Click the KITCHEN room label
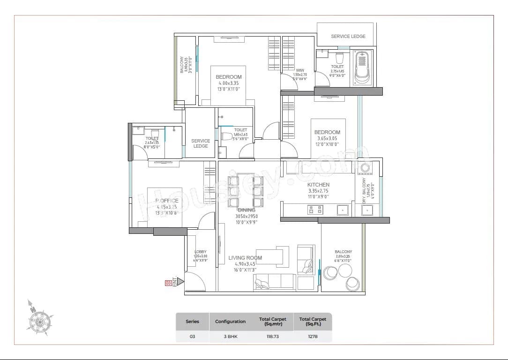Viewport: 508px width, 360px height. point(318,185)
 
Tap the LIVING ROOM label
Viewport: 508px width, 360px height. point(245,258)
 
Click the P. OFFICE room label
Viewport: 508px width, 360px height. point(167,201)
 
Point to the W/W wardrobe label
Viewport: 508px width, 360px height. point(300,70)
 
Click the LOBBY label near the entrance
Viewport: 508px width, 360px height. point(200,252)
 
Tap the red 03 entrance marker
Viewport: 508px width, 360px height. point(168,283)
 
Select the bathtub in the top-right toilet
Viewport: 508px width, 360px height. point(362,68)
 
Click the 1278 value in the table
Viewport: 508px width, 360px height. point(313,337)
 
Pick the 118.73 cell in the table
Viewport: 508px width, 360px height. point(272,337)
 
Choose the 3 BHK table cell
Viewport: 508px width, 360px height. point(230,337)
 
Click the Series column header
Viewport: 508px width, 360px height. point(192,322)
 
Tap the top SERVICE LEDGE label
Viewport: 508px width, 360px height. point(348,36)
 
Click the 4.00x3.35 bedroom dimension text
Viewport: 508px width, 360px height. point(229,83)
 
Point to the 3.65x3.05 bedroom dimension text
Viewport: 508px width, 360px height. point(327,138)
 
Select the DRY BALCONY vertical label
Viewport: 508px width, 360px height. point(365,190)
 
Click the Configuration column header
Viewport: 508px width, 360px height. point(230,322)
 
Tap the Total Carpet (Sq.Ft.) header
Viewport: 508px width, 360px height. point(313,322)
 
